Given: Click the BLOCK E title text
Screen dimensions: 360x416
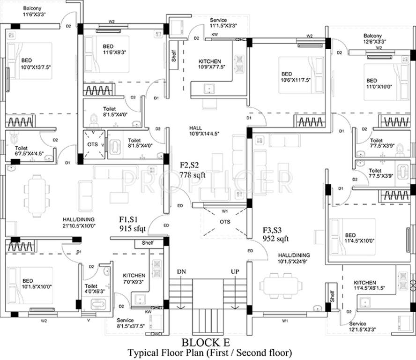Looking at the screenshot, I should (208, 341).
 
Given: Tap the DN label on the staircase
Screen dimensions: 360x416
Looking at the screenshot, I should (181, 272).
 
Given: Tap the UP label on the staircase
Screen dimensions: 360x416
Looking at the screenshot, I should (235, 272).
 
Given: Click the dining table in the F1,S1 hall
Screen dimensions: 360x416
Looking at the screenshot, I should (37, 193).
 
